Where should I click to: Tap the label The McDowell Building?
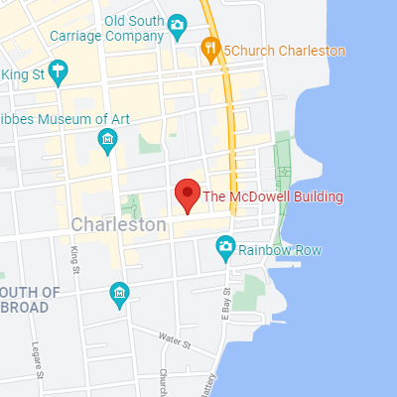[x=273, y=198]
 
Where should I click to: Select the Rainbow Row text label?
[x=280, y=251]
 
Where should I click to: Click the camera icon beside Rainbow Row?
[x=226, y=245]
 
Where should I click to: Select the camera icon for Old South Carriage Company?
[x=177, y=24]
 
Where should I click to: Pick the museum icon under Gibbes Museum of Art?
[x=108, y=144]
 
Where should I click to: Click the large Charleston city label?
[x=118, y=225]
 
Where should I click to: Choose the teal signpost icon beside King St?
[x=59, y=70]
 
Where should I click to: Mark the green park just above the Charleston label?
[x=131, y=206]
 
